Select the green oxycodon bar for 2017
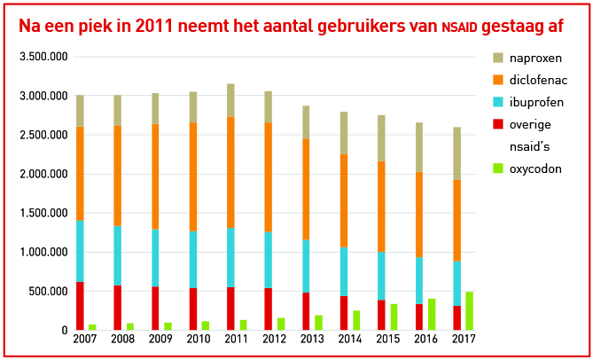(x=469, y=310)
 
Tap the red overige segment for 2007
(x=80, y=305)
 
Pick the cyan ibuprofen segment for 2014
(x=344, y=271)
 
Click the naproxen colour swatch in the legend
(x=498, y=58)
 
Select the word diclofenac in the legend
(x=538, y=80)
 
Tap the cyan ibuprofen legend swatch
(x=498, y=102)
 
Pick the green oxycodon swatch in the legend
(x=498, y=168)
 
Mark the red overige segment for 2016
(x=419, y=317)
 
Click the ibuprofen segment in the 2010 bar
(x=193, y=259)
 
